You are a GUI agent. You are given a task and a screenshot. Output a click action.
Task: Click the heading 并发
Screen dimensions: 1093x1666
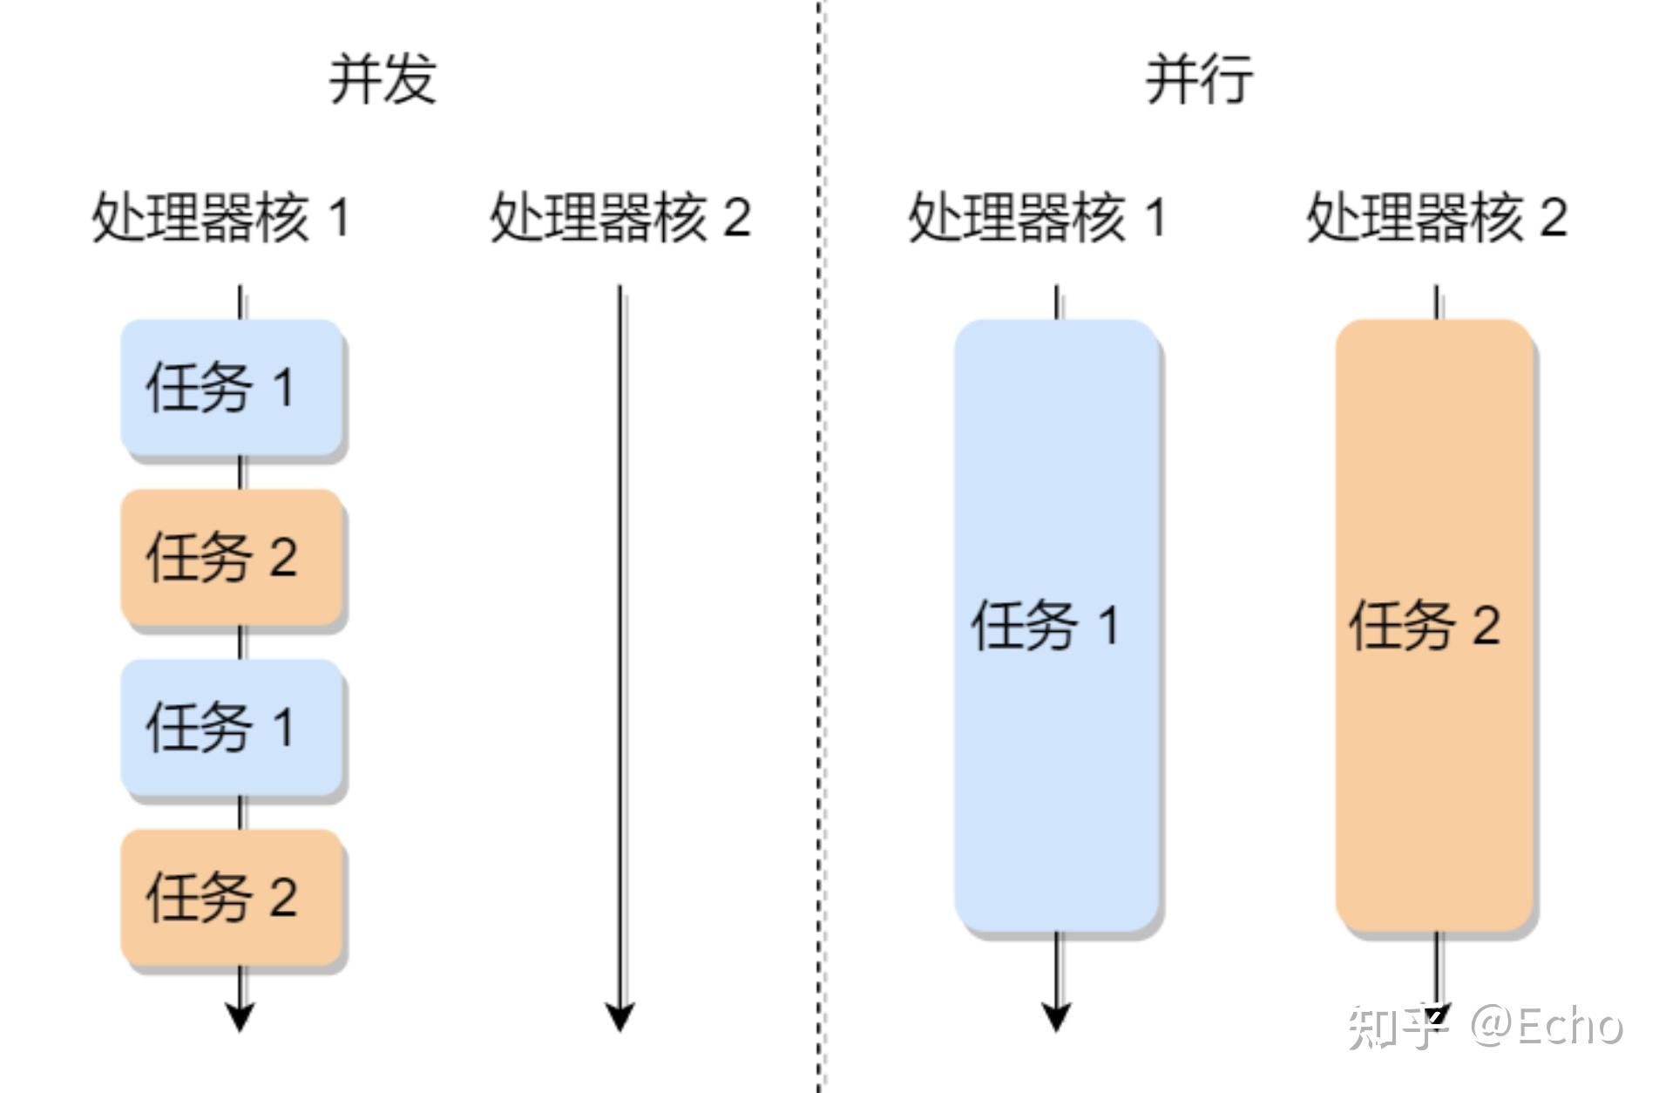pyautogui.click(x=382, y=79)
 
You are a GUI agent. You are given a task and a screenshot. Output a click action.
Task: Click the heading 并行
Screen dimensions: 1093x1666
pyautogui.click(x=1199, y=79)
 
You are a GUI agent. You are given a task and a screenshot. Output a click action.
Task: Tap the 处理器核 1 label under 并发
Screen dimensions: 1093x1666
pyautogui.click(x=220, y=217)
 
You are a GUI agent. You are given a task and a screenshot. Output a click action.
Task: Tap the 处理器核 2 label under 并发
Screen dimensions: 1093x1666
pyautogui.click(x=620, y=217)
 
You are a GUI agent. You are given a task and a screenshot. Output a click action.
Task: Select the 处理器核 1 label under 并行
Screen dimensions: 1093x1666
pyautogui.click(x=1036, y=217)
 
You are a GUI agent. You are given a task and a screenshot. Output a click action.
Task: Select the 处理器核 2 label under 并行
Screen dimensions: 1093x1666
pyautogui.click(x=1436, y=217)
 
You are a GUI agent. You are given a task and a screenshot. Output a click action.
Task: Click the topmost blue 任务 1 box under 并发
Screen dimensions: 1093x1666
pyautogui.click(x=231, y=387)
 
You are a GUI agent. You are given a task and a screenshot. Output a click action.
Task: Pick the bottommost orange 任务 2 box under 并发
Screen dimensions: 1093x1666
pyautogui.click(x=231, y=898)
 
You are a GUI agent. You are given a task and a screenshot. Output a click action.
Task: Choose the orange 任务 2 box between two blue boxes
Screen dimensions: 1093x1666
pyautogui.click(x=231, y=557)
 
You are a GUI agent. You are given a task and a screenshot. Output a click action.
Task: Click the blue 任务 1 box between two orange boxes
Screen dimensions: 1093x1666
pyautogui.click(x=231, y=727)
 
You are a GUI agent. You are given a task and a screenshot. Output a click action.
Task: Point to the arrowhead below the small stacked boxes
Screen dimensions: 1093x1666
pyautogui.click(x=240, y=1016)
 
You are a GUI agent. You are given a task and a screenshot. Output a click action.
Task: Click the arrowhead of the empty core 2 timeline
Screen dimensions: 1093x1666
pyautogui.click(x=620, y=1016)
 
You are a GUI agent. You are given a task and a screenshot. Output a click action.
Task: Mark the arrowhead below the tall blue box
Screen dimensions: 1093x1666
pyautogui.click(x=1056, y=1016)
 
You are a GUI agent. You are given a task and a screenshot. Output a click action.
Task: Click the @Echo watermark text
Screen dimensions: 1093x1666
pyautogui.click(x=1547, y=1026)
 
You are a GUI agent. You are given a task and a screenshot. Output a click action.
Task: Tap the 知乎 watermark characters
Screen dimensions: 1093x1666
pyautogui.click(x=1394, y=1027)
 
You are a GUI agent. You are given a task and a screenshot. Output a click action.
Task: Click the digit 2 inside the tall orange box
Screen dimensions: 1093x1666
pyautogui.click(x=1486, y=625)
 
